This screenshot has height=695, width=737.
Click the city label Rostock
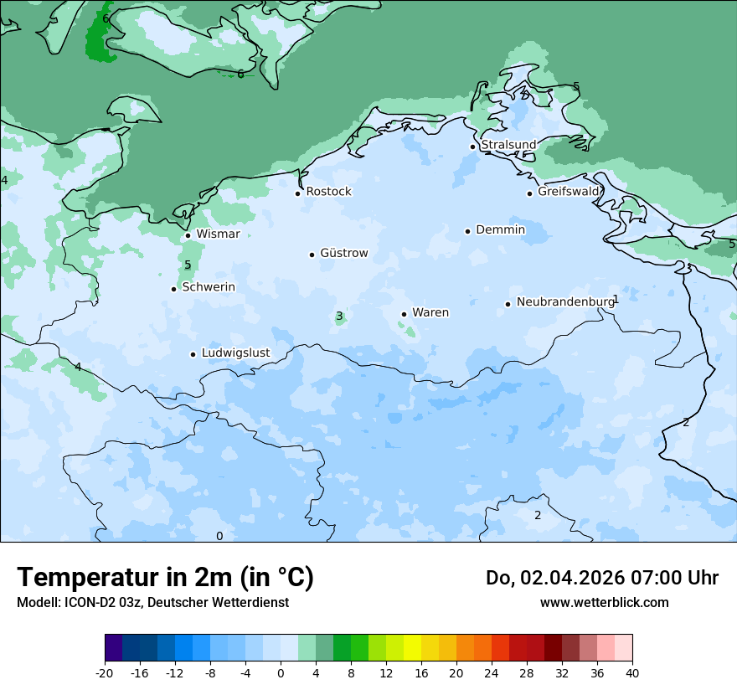click(x=328, y=192)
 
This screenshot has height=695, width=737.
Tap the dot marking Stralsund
click(x=472, y=147)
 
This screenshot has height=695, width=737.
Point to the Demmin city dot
click(x=467, y=231)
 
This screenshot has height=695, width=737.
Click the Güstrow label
click(x=343, y=253)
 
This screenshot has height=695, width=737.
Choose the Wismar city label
click(x=218, y=234)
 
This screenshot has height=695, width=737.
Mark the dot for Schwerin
click(x=173, y=289)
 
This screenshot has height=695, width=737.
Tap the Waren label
click(x=430, y=313)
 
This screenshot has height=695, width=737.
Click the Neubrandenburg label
click(x=565, y=302)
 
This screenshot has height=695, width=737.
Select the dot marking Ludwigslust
click(x=193, y=354)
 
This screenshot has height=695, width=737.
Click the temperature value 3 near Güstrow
click(x=339, y=317)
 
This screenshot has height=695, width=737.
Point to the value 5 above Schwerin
click(x=188, y=265)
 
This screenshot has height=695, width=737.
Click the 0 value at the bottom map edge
click(x=219, y=536)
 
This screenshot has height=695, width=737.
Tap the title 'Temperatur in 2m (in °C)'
click(x=166, y=577)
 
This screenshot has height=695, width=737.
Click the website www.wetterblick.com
click(x=604, y=603)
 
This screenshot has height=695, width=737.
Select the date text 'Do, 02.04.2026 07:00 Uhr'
click(x=602, y=578)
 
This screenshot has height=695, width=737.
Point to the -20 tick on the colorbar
click(x=105, y=673)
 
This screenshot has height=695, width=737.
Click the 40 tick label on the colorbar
click(x=632, y=673)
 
